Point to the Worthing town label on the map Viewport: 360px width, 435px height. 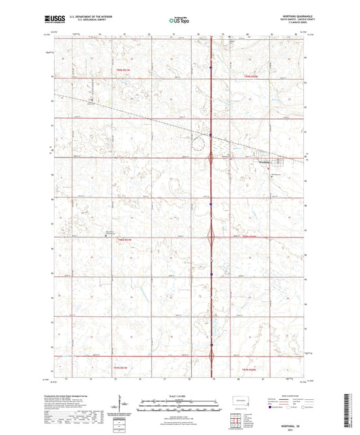[263, 161]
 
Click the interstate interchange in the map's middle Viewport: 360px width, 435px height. [212, 237]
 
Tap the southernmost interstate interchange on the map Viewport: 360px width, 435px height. [212, 358]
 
